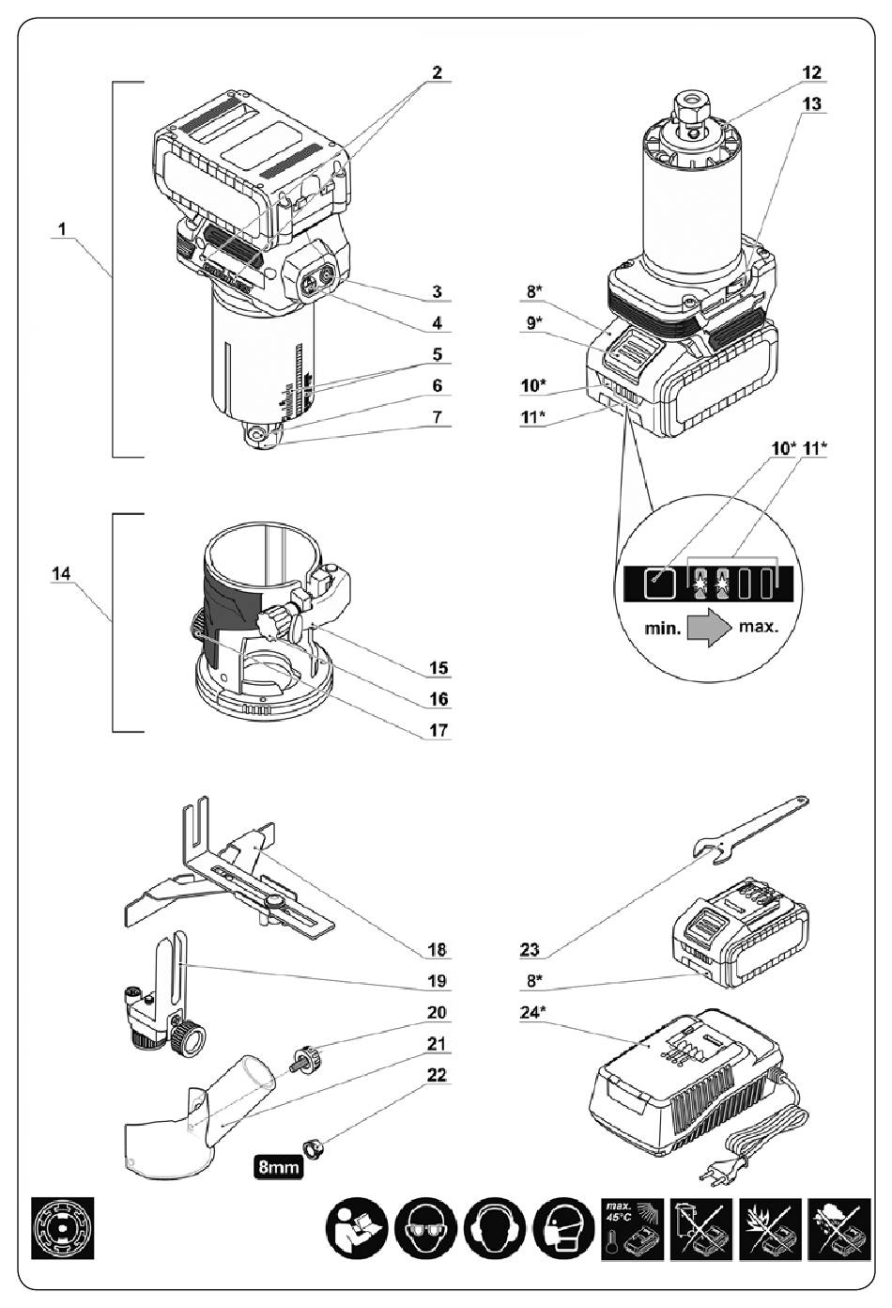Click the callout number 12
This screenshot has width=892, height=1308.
[811, 72]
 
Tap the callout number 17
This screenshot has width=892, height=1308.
[438, 730]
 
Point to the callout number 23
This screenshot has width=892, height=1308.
[531, 950]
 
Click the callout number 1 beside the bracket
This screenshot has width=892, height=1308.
[62, 229]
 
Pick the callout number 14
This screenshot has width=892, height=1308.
[61, 573]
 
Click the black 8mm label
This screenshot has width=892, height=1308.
[279, 1167]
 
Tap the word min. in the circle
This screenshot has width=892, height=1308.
[663, 630]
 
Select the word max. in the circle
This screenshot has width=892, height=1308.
[759, 628]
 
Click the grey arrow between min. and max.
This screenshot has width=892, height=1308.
[709, 627]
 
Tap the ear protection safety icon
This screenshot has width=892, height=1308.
[494, 1228]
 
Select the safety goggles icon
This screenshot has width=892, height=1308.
[424, 1228]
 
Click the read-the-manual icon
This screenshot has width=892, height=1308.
[356, 1228]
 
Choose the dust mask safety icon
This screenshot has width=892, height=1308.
[563, 1228]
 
